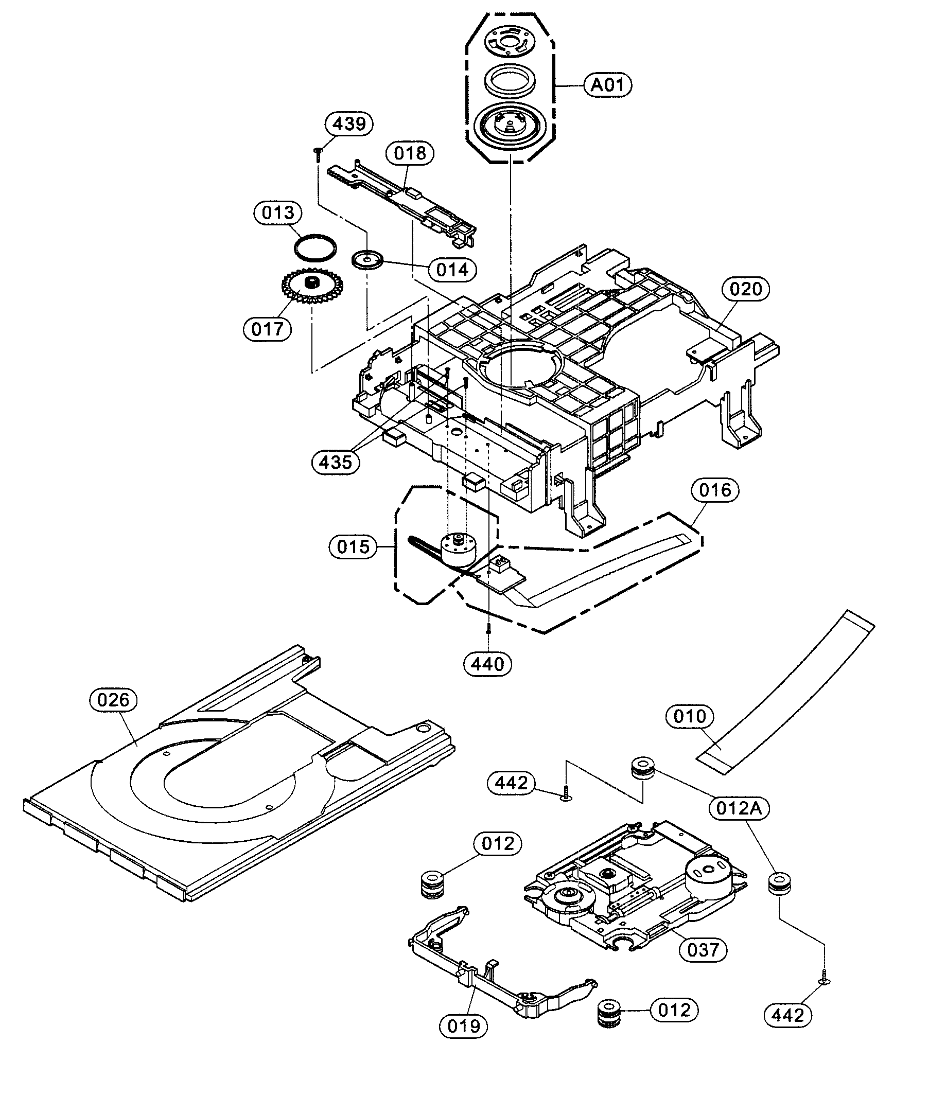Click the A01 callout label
(x=607, y=85)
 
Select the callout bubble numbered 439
(x=349, y=123)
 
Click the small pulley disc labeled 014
(x=367, y=259)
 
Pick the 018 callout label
(x=410, y=153)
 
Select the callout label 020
(x=745, y=289)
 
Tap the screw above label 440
(x=489, y=627)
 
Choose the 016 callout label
(x=715, y=490)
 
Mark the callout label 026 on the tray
(x=113, y=700)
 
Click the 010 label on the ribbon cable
(x=689, y=716)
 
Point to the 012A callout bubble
(x=739, y=808)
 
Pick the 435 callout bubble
(x=336, y=462)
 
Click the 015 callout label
(x=353, y=547)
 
